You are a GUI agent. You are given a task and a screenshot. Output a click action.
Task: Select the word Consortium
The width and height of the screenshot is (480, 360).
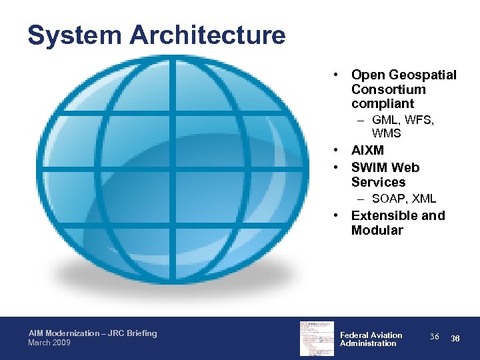tap(388, 89)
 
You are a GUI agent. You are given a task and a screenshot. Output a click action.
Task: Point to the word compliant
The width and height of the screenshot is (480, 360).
tap(383, 104)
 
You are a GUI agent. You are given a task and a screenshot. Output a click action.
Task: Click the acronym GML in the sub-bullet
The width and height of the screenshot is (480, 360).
tap(385, 120)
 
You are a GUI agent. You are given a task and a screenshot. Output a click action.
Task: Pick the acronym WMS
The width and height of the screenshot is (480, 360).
tap(387, 133)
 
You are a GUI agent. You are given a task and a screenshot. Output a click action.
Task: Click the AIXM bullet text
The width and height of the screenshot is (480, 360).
tap(367, 151)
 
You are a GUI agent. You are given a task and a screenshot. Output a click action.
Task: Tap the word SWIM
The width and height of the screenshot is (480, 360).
tap(370, 167)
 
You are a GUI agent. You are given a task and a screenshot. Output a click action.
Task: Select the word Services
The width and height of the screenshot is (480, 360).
tap(378, 182)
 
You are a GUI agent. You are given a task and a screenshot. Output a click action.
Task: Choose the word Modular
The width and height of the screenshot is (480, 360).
tap(377, 230)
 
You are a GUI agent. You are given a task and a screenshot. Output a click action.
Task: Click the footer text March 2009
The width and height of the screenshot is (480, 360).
tap(50, 343)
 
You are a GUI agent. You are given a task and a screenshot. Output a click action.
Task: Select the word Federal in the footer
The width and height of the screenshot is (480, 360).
tap(353, 335)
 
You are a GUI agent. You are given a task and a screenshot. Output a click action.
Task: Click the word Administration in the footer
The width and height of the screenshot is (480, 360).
tap(368, 343)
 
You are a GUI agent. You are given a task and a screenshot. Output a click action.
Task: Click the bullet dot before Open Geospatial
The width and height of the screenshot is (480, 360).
tap(339, 75)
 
